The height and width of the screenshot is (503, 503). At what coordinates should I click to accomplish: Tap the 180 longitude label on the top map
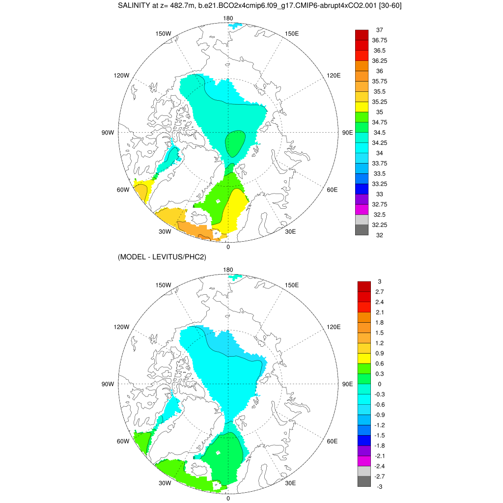point(228,18)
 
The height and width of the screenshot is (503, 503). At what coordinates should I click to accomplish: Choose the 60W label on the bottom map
point(123,441)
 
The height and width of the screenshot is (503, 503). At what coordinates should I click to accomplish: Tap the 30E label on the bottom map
point(290,483)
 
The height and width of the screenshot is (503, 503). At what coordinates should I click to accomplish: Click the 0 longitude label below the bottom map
point(228,498)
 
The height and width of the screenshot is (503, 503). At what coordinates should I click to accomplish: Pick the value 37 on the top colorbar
point(379,30)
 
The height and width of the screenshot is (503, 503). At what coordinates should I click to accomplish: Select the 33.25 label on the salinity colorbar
point(379,184)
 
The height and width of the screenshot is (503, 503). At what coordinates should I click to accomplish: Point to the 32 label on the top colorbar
point(379,235)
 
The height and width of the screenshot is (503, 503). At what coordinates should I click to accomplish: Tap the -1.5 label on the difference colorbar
point(379,435)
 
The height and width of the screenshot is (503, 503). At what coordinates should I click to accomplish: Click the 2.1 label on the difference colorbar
point(379,312)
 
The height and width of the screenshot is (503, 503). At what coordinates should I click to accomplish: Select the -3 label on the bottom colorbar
point(379,486)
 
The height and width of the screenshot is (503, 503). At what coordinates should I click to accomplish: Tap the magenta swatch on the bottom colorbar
point(364,461)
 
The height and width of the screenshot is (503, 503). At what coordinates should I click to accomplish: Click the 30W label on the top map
point(165,231)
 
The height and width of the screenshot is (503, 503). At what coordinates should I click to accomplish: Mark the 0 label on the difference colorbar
point(379,384)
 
